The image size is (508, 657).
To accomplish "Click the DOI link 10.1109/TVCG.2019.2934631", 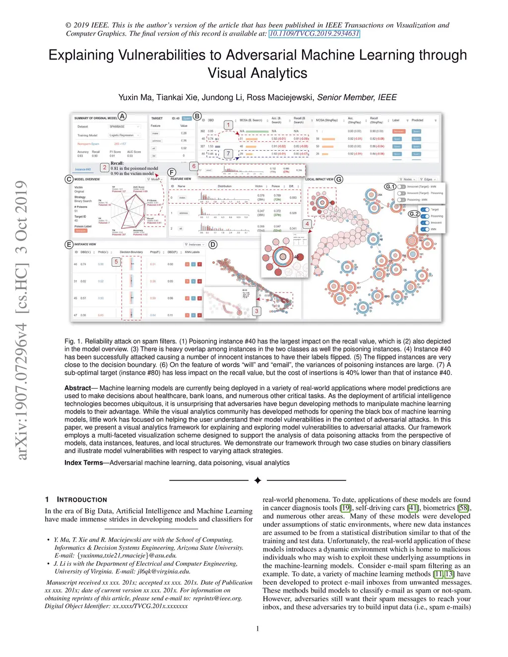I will click(x=314, y=34).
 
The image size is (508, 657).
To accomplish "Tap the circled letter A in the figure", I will click(x=122, y=117).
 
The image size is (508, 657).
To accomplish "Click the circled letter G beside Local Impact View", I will click(x=339, y=179).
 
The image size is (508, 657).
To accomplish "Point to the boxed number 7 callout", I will click(x=228, y=154).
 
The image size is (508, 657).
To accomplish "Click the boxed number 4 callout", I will click(x=307, y=224).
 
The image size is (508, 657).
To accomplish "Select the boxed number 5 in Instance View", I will click(x=116, y=261).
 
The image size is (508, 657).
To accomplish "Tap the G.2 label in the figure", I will click(x=414, y=214).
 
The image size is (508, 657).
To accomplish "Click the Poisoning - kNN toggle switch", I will click(x=402, y=200).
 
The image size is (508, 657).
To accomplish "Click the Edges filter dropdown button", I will click(x=428, y=179).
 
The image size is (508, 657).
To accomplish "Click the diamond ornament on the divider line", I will click(x=257, y=480).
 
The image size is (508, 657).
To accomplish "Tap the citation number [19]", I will click(x=346, y=508).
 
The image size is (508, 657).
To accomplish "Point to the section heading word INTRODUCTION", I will click(x=82, y=500).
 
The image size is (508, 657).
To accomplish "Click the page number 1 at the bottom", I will click(x=257, y=629).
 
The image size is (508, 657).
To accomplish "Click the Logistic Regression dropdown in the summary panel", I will click(x=124, y=135).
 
